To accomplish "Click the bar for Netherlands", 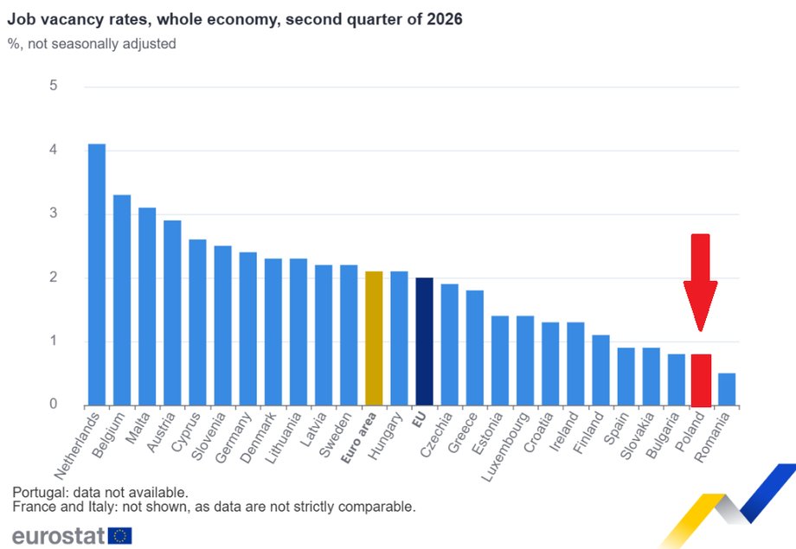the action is tap(97, 275).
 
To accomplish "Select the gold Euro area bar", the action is tap(374, 338).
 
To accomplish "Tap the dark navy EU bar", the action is tap(425, 342).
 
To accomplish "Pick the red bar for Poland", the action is tap(701, 380).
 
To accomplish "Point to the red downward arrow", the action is tap(701, 282).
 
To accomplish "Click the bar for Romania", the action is tap(727, 389).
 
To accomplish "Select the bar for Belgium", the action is tap(122, 300).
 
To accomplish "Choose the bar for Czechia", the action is tap(449, 344).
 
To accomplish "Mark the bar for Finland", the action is tap(600, 370).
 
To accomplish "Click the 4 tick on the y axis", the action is tap(54, 150).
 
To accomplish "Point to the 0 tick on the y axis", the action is tap(54, 404).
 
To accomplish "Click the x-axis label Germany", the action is tap(233, 437).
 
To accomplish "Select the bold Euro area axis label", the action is tap(359, 437).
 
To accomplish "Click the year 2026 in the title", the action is tap(444, 19).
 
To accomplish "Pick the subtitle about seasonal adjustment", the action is tap(92, 43).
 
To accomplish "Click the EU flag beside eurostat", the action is tap(119, 536).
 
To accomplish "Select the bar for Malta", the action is tap(147, 306).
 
